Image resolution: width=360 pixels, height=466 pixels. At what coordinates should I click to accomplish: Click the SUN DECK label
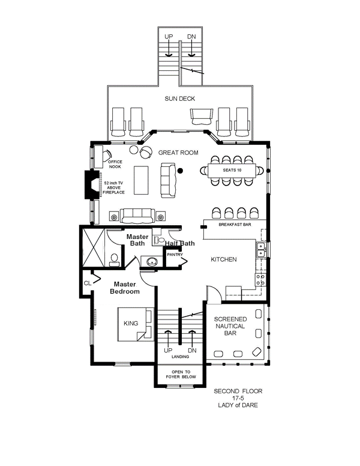pyautogui.click(x=180, y=98)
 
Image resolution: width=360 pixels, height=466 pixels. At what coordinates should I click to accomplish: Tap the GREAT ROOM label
pyautogui.click(x=178, y=153)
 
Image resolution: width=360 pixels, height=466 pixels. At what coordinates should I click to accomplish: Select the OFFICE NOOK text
pyautogui.click(x=115, y=163)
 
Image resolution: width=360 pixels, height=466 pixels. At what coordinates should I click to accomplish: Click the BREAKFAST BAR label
pyautogui.click(x=233, y=225)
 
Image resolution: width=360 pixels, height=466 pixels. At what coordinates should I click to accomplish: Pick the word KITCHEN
pyautogui.click(x=224, y=259)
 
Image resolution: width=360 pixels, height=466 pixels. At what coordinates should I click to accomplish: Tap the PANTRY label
pyautogui.click(x=175, y=255)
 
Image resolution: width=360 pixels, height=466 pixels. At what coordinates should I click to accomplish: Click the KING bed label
pyautogui.click(x=131, y=323)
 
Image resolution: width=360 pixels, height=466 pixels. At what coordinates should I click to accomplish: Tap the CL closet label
pyautogui.click(x=88, y=282)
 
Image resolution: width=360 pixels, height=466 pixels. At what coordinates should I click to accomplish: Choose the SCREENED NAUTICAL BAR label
pyautogui.click(x=230, y=325)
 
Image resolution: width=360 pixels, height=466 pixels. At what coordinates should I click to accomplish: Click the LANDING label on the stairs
pyautogui.click(x=180, y=357)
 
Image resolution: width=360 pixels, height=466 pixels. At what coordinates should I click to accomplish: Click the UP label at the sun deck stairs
pyautogui.click(x=169, y=37)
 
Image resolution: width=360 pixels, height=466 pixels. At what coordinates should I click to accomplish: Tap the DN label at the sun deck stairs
pyautogui.click(x=191, y=37)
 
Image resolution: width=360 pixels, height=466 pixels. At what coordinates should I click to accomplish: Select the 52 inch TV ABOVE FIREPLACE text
pyautogui.click(x=114, y=187)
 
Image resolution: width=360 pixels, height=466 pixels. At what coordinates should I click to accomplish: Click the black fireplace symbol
pyautogui.click(x=91, y=184)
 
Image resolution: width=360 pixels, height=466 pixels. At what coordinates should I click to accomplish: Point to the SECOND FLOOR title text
pyautogui.click(x=238, y=391)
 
